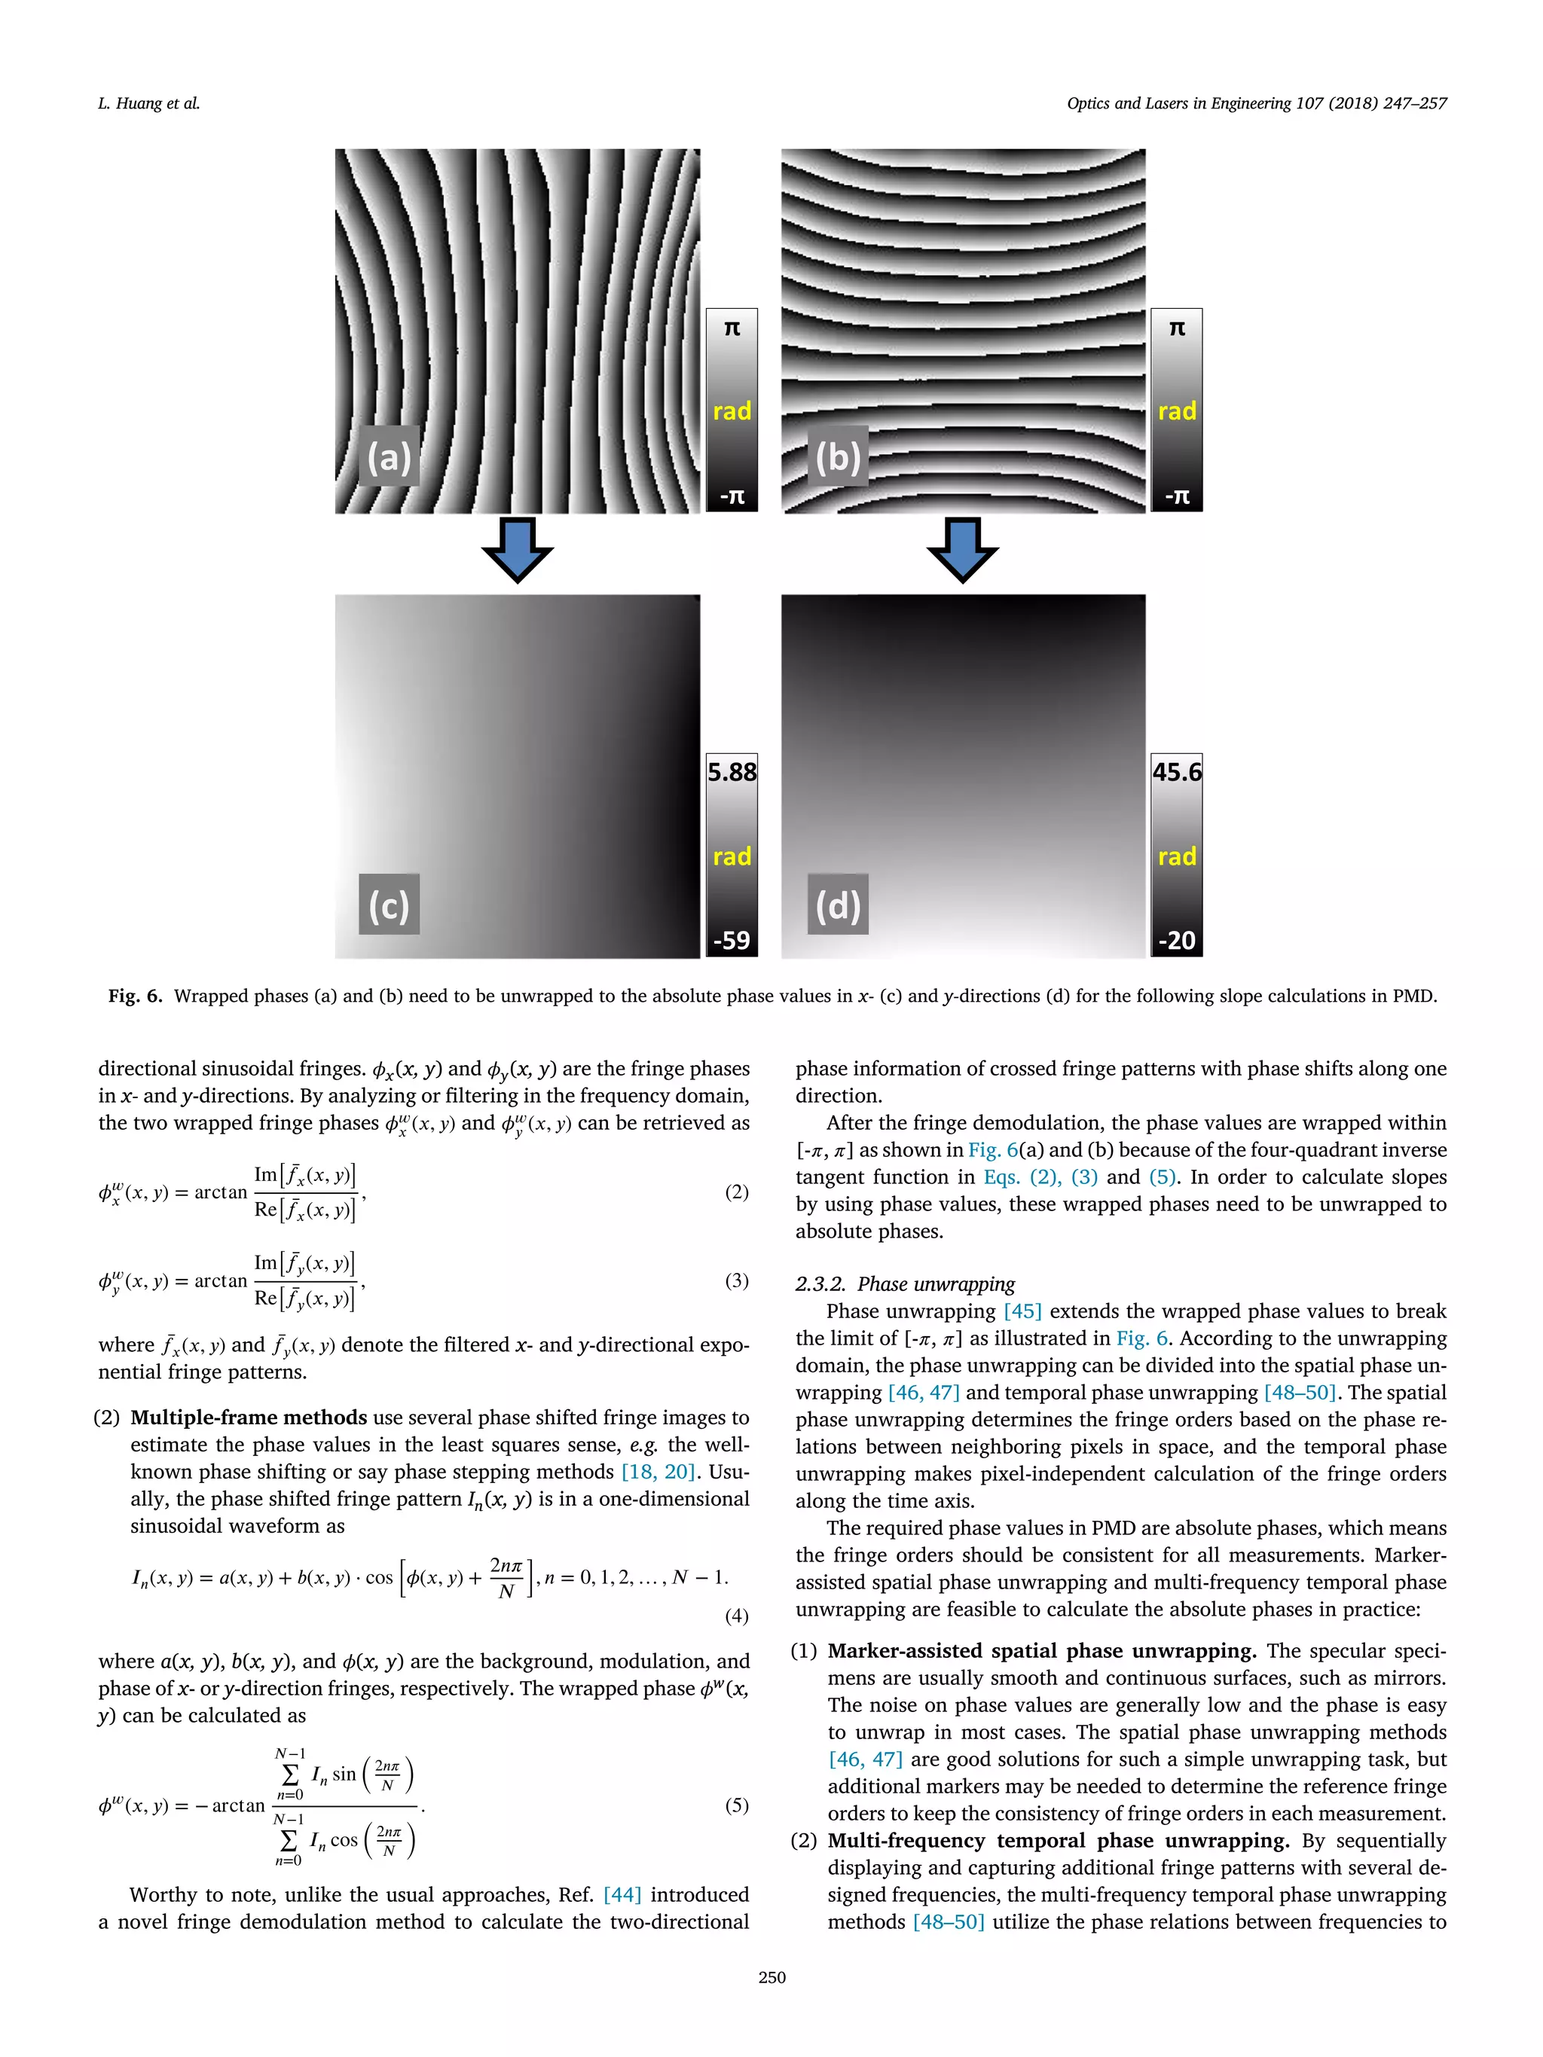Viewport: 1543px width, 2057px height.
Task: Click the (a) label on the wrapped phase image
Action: (x=389, y=456)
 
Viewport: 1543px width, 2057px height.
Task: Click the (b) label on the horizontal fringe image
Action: (x=837, y=456)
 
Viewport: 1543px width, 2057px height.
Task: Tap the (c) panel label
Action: (x=389, y=904)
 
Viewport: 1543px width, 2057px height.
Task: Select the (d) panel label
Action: (x=837, y=904)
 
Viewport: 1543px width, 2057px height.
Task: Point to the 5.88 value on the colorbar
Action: (x=732, y=772)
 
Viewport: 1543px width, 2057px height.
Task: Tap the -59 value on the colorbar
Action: (x=732, y=940)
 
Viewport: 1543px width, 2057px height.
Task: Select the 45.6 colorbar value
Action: (x=1177, y=772)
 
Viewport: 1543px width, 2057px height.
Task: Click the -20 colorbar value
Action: (x=1177, y=940)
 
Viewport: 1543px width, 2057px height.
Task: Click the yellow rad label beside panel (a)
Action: (x=732, y=411)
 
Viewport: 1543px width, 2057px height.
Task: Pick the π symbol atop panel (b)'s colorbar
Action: (x=1177, y=328)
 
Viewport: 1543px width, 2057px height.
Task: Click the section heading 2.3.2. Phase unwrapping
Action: (x=904, y=1284)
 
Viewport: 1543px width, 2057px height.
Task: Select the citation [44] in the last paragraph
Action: (x=622, y=1894)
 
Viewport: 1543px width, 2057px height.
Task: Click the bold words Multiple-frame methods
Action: (x=249, y=1418)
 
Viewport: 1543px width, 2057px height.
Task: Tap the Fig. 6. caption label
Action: (x=135, y=996)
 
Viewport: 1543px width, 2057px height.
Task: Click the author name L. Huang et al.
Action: (x=149, y=103)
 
